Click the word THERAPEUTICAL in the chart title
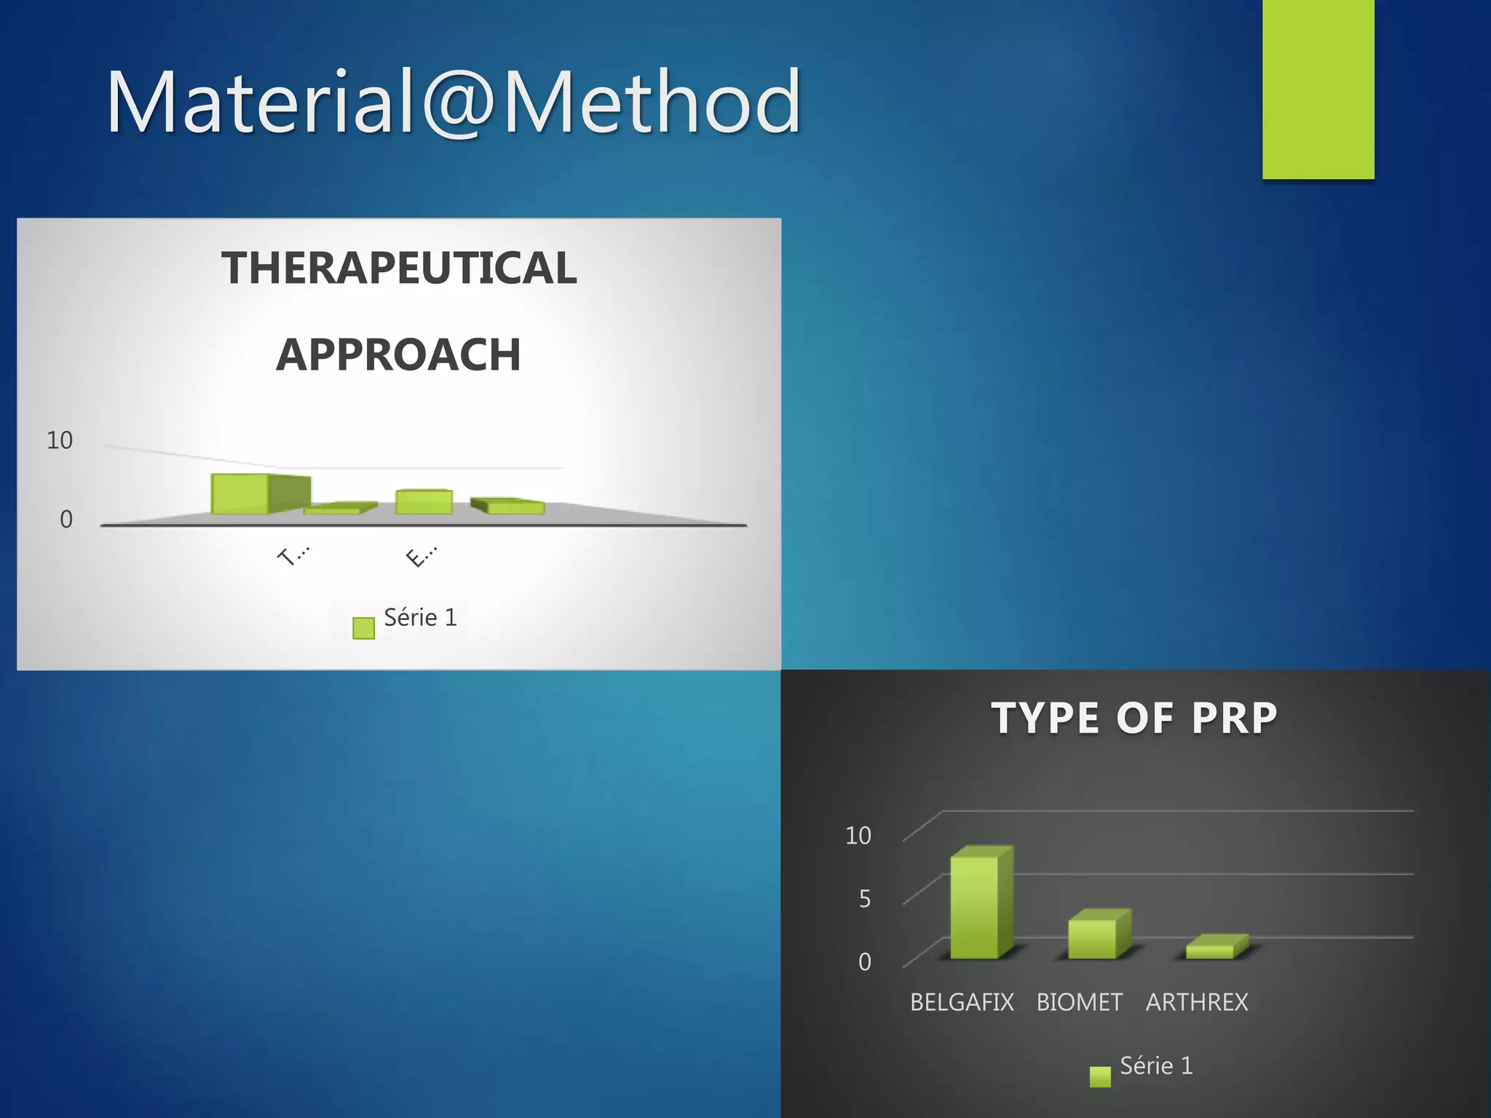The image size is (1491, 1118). click(399, 268)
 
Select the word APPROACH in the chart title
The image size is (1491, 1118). click(399, 355)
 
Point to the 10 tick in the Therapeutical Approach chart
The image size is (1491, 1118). click(60, 440)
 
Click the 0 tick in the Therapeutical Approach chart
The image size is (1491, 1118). click(66, 520)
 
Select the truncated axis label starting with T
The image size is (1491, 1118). click(293, 556)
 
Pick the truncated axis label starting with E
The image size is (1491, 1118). click(421, 557)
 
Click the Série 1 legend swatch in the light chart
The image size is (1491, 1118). click(363, 628)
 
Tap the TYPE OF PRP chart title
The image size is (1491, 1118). click(1134, 718)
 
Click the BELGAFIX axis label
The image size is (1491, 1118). click(962, 1002)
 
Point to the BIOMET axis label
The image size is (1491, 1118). click(1079, 1002)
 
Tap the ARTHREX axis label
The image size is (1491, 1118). click(1197, 1002)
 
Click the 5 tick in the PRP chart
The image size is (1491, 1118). click(864, 899)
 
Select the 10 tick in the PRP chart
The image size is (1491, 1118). click(858, 836)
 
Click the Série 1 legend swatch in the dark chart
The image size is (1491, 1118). click(1100, 1077)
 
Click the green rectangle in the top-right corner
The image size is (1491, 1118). click(1318, 89)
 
